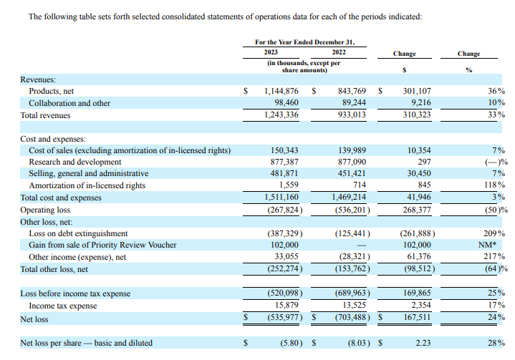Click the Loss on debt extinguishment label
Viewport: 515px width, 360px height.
pos(78,233)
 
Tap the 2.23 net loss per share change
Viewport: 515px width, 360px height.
pos(424,343)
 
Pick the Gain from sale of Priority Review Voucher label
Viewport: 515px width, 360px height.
pos(102,245)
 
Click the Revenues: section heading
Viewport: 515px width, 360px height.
pos(39,79)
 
